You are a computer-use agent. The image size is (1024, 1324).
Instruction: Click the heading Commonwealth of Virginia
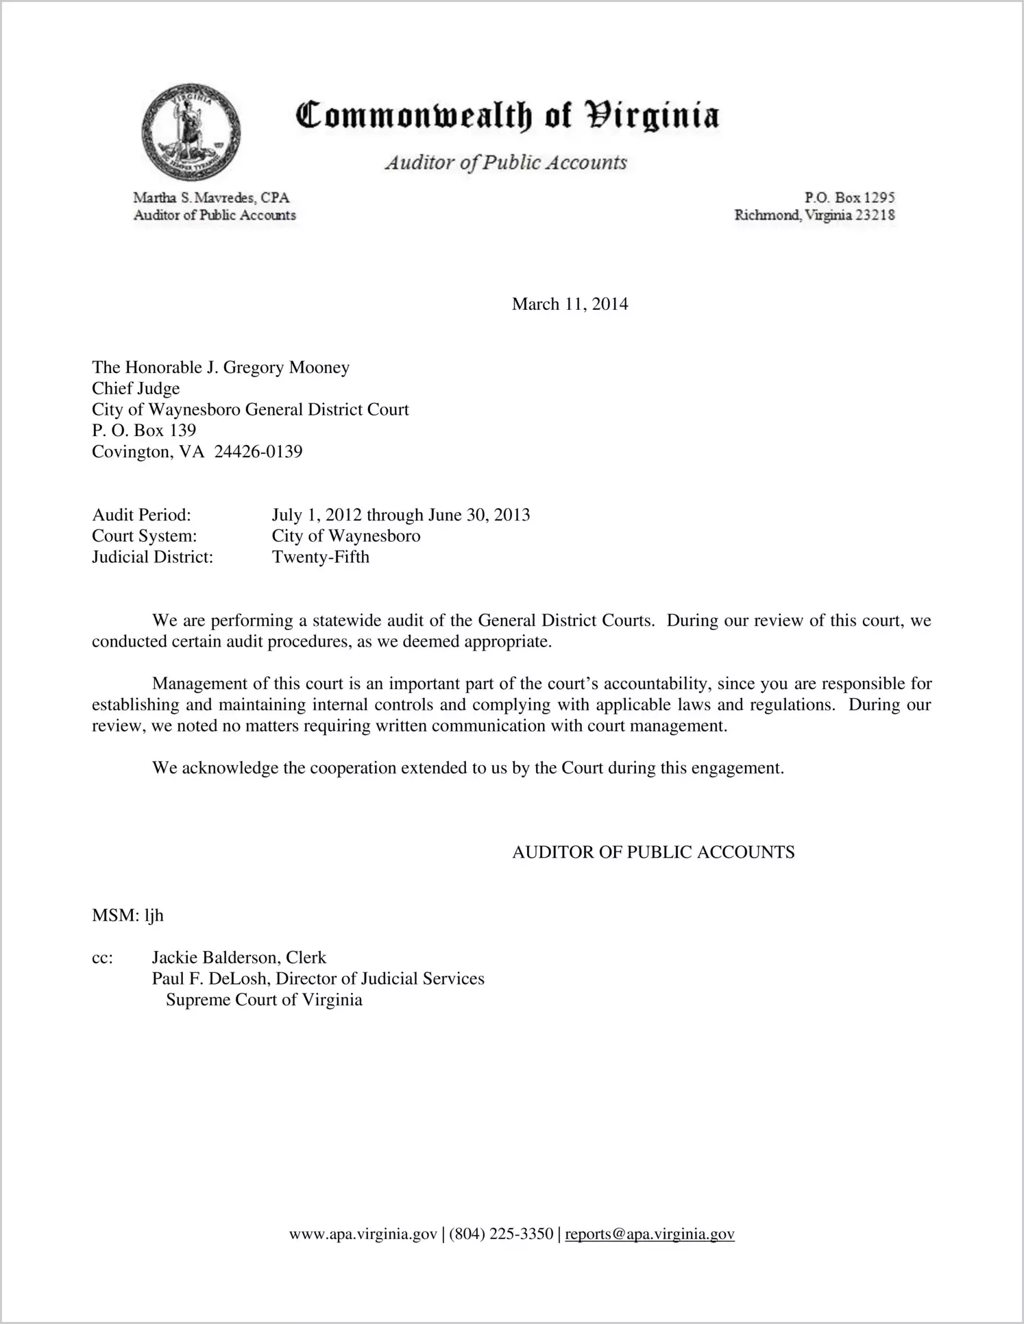point(507,116)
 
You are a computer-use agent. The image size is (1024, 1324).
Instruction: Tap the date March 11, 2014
point(570,304)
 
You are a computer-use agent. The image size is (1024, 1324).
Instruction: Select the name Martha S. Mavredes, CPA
point(211,198)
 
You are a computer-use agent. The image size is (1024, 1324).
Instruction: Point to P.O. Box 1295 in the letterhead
point(849,198)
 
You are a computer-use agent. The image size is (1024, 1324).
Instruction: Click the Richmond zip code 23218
point(874,215)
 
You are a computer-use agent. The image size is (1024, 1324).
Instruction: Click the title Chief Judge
point(136,389)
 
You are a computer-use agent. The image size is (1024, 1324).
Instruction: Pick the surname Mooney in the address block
point(319,368)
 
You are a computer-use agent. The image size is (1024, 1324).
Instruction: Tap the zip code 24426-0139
point(258,452)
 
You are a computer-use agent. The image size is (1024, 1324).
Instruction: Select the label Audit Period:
point(141,515)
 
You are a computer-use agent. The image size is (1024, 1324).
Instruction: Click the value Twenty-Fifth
point(320,557)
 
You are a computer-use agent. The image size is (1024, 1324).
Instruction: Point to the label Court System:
point(144,536)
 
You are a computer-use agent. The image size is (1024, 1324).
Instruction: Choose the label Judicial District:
point(152,557)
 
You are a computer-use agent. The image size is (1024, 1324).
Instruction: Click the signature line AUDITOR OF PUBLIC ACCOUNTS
point(653,852)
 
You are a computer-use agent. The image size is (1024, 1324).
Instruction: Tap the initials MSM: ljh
point(127,915)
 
